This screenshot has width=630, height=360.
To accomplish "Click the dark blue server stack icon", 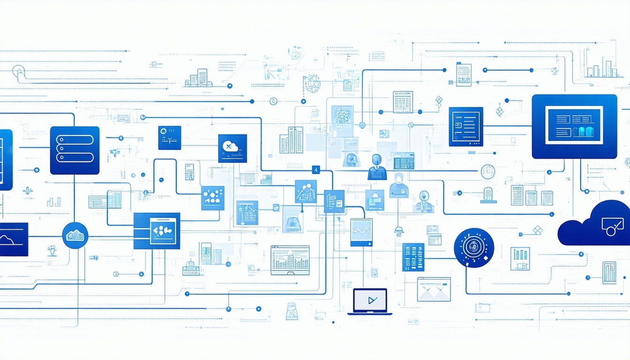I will (75, 150).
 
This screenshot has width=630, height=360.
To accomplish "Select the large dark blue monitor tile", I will (574, 126).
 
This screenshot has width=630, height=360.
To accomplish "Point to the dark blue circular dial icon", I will (474, 247).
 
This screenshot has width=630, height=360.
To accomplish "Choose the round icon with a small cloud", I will (75, 235).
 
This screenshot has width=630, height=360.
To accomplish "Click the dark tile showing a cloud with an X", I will (232, 148).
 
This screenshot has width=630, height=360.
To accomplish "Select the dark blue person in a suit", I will (377, 167).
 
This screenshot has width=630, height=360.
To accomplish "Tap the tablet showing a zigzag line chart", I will (361, 232).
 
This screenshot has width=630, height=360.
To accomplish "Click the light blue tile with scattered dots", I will (212, 198).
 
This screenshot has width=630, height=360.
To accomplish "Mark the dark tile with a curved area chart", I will (13, 239).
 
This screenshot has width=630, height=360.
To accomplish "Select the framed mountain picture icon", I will (434, 289).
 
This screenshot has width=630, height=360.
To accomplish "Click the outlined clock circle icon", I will (487, 172).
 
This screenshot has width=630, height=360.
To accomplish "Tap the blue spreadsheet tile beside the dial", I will (413, 257).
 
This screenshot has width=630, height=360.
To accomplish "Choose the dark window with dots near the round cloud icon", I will (157, 231).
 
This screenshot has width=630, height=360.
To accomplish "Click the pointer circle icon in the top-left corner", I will (19, 71).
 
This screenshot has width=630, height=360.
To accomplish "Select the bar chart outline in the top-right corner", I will (601, 69).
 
